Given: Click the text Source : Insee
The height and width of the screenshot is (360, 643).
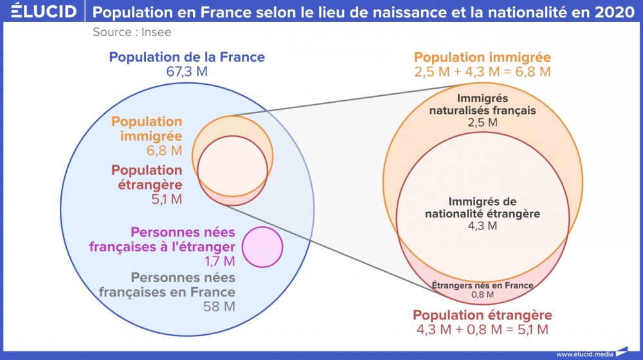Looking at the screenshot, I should [x=132, y=32].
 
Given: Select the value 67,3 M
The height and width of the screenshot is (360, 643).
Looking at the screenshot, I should [x=186, y=71].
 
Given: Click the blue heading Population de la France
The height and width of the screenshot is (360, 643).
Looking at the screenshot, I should [x=186, y=57].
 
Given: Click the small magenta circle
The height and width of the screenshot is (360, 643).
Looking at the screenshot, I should [x=262, y=247].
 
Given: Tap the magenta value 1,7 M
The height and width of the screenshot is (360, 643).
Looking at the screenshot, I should [x=220, y=261].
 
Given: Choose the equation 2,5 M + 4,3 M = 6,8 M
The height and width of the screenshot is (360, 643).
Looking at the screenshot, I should [x=482, y=72].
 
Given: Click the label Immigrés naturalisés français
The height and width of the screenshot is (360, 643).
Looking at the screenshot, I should [x=482, y=104].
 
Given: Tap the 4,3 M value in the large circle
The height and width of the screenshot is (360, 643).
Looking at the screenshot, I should [x=482, y=226].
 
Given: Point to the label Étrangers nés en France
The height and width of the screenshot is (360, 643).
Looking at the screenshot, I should [x=482, y=285].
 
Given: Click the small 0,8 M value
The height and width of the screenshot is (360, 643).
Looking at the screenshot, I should [x=482, y=295].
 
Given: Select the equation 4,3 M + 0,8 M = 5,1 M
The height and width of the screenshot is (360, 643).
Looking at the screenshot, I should [x=482, y=330].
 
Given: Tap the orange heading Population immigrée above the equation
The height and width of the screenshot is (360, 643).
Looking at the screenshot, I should [x=482, y=57].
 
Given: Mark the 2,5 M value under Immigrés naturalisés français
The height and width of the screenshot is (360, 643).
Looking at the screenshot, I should [x=482, y=122].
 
